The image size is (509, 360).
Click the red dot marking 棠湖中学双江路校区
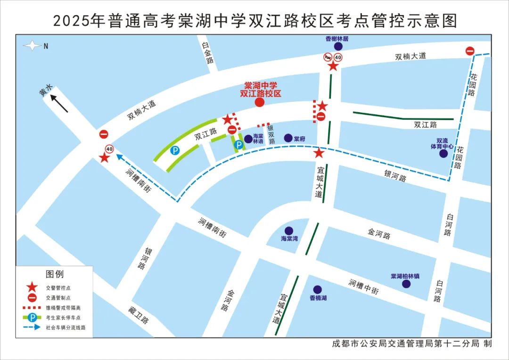(x=259, y=102)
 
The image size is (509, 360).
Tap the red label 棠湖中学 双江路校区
(x=261, y=90)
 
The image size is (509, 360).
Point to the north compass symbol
(x=33, y=46)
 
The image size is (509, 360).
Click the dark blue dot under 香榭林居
(x=337, y=47)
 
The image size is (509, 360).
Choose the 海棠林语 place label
(x=258, y=139)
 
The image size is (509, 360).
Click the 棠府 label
(x=300, y=139)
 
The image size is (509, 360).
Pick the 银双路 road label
(x=271, y=134)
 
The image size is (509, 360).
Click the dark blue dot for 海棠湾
(x=289, y=230)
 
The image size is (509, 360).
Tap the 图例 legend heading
(x=55, y=274)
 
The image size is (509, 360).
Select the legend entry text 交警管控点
(x=58, y=287)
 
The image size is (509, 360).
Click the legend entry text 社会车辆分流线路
(x=66, y=327)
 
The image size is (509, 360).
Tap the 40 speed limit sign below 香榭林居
(x=338, y=57)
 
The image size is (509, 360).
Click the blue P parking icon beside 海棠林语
(x=239, y=145)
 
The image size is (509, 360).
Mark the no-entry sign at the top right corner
(x=470, y=51)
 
